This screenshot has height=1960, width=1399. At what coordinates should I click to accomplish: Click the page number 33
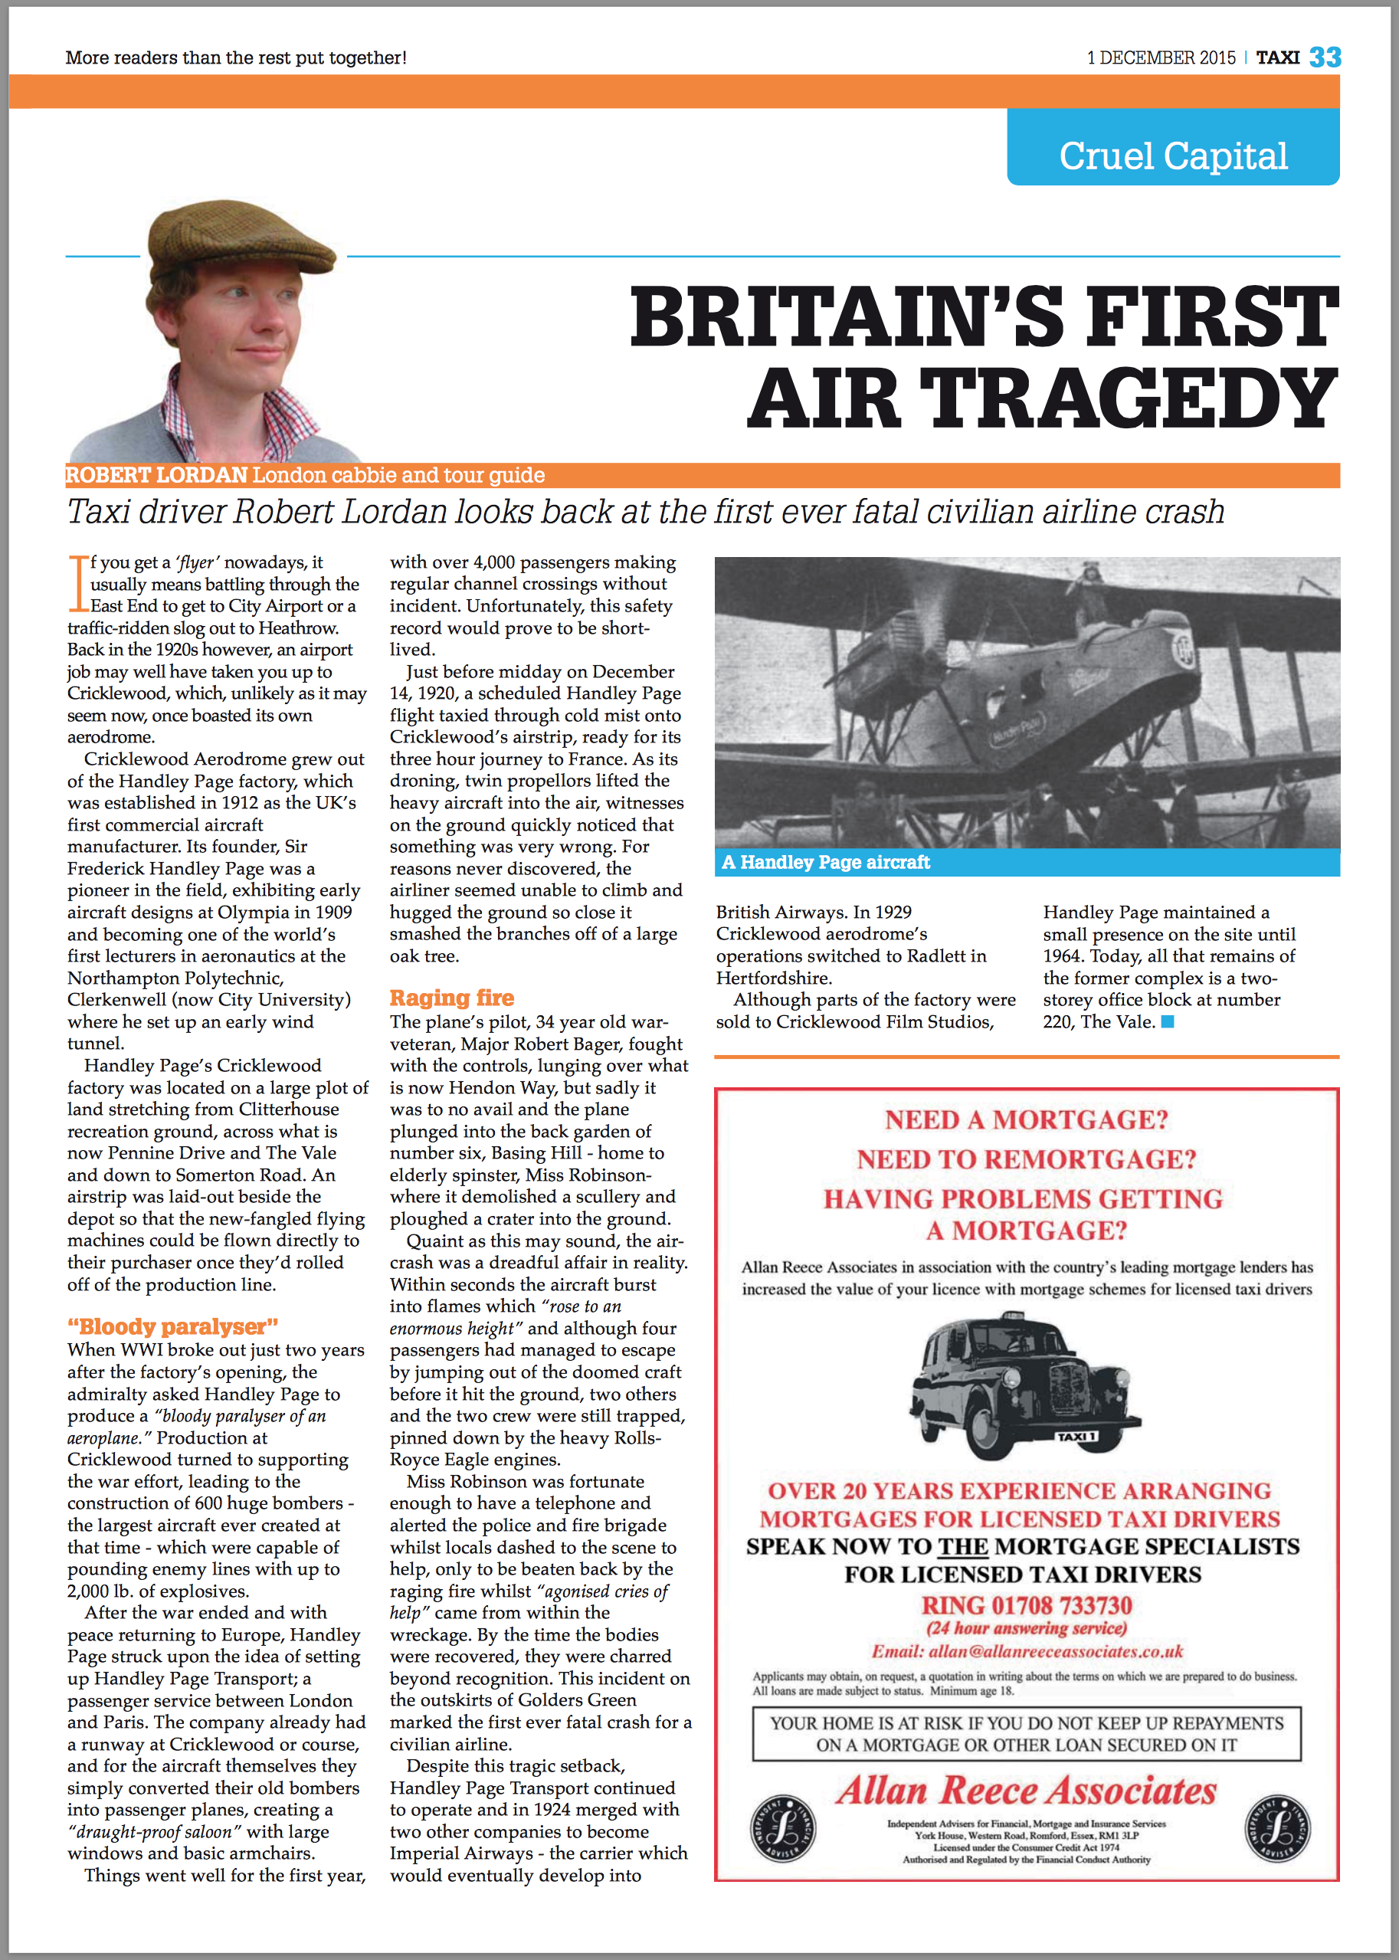click(1325, 57)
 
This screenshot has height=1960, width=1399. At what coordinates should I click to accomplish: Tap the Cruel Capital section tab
click(1172, 156)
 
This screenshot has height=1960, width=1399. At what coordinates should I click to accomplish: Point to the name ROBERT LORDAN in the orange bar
click(157, 475)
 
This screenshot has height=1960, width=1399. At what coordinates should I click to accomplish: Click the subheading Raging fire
click(451, 998)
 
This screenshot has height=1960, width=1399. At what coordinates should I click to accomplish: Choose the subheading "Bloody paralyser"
click(173, 1326)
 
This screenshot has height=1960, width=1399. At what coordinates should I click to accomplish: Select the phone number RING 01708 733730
click(1026, 1606)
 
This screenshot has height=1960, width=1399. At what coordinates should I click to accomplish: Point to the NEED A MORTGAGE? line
click(1026, 1119)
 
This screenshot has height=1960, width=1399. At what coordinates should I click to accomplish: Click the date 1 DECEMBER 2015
click(1161, 57)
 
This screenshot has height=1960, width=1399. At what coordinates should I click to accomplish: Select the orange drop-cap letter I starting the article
click(78, 582)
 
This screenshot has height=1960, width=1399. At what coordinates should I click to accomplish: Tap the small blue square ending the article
click(1168, 1022)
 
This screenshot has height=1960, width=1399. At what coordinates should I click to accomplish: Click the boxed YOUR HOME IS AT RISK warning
click(1026, 1733)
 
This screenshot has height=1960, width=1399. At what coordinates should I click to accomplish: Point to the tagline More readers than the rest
click(235, 57)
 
